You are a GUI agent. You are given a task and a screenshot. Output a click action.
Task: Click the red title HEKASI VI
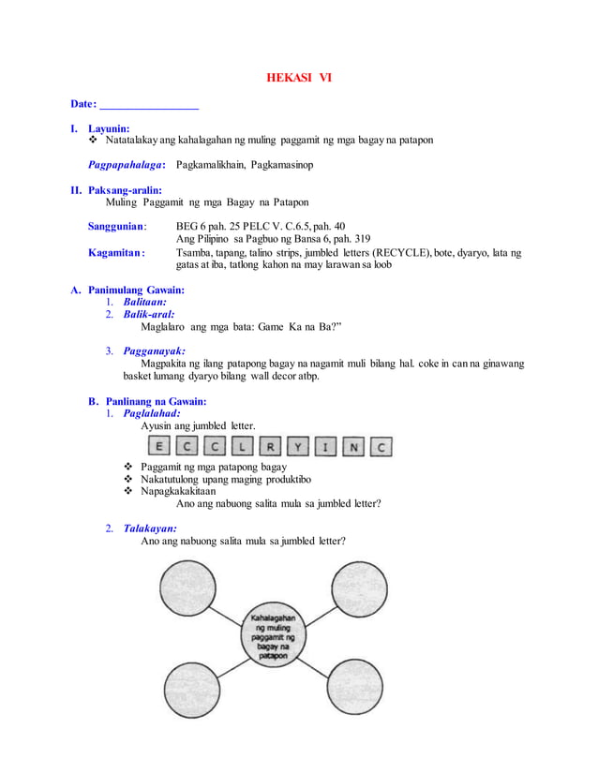click(299, 77)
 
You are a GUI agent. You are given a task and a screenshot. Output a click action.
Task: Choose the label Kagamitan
click(116, 252)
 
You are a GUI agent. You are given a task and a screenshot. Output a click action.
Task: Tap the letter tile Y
click(297, 447)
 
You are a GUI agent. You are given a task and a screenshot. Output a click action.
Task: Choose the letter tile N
click(352, 447)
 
